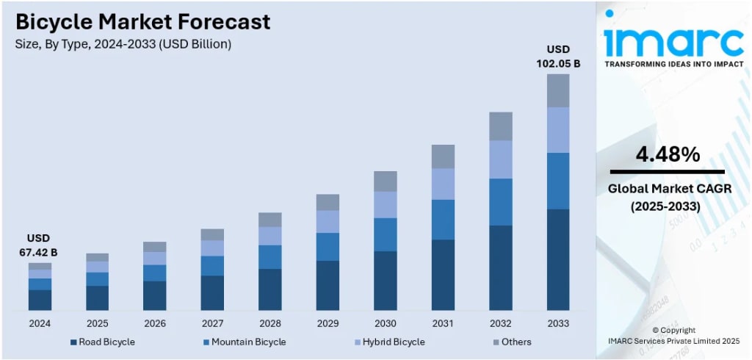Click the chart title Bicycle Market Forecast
(142, 22)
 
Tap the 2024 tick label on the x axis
(40, 323)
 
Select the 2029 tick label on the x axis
(328, 323)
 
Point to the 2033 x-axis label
(557, 323)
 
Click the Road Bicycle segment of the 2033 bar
(557, 259)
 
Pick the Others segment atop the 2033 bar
(557, 90)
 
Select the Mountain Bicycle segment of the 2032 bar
(500, 201)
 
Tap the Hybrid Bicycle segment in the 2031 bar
(443, 184)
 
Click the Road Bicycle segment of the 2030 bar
(386, 280)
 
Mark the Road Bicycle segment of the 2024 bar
(40, 300)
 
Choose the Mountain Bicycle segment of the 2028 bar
(270, 256)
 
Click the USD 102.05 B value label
(557, 57)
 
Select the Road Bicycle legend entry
(102, 342)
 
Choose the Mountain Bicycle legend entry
(244, 342)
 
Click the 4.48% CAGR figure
(667, 154)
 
